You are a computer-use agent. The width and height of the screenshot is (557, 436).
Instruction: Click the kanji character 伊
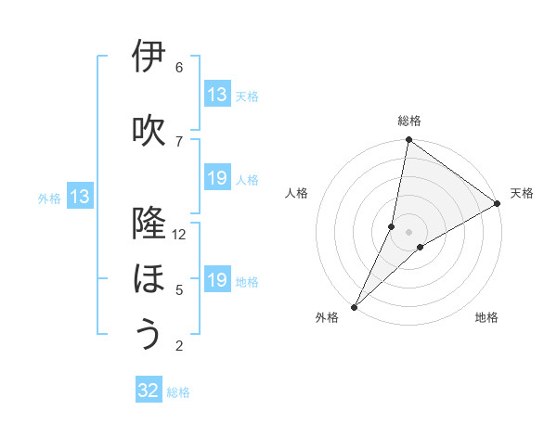pos(149,58)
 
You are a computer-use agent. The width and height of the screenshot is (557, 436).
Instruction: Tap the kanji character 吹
pos(149,130)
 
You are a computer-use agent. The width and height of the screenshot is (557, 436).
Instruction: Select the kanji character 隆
pos(149,224)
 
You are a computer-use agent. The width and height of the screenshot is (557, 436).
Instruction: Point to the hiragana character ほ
pos(149,279)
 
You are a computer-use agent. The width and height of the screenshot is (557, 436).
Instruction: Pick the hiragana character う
pos(149,334)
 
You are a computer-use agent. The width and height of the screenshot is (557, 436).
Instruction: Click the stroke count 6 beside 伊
pos(179,68)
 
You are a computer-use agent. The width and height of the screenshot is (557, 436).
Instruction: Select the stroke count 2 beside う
pos(179,346)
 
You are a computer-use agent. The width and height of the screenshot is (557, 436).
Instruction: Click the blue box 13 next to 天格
pos(217,95)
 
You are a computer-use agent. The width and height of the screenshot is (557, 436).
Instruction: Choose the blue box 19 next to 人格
pos(217,178)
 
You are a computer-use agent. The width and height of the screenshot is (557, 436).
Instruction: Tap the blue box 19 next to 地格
pos(217,280)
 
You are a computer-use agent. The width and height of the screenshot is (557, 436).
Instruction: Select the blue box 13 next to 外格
pos(79,197)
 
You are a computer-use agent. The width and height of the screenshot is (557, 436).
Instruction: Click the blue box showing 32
pos(149,391)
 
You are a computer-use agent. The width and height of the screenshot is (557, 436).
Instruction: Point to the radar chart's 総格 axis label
pos(409,121)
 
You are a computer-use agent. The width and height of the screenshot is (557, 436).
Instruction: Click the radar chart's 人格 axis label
pos(297,193)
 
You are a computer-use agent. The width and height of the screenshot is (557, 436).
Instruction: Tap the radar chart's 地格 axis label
pos(486,318)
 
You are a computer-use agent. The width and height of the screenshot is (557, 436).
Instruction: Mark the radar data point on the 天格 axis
pos(498,203)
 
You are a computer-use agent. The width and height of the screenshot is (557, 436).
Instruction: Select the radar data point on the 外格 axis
pos(354,306)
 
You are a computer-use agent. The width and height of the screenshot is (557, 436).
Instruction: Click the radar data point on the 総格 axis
pos(408,139)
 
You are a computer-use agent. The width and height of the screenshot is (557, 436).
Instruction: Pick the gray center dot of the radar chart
pos(408,231)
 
